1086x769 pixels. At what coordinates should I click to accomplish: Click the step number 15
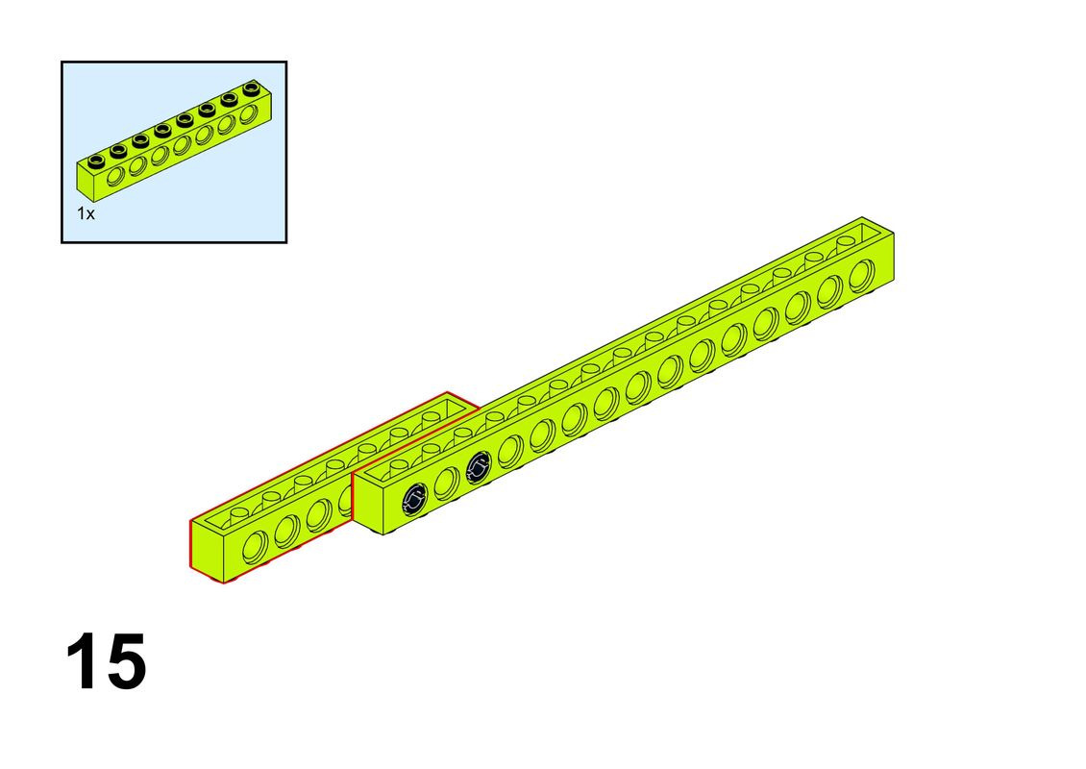(x=106, y=661)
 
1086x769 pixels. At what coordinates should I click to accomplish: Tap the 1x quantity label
(x=86, y=213)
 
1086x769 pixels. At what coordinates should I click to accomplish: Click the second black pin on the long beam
(x=479, y=467)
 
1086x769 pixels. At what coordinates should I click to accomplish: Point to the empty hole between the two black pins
(x=447, y=483)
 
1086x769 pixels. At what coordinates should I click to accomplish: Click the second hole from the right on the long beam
(x=829, y=291)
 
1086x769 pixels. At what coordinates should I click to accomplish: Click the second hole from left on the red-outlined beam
(x=286, y=532)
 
